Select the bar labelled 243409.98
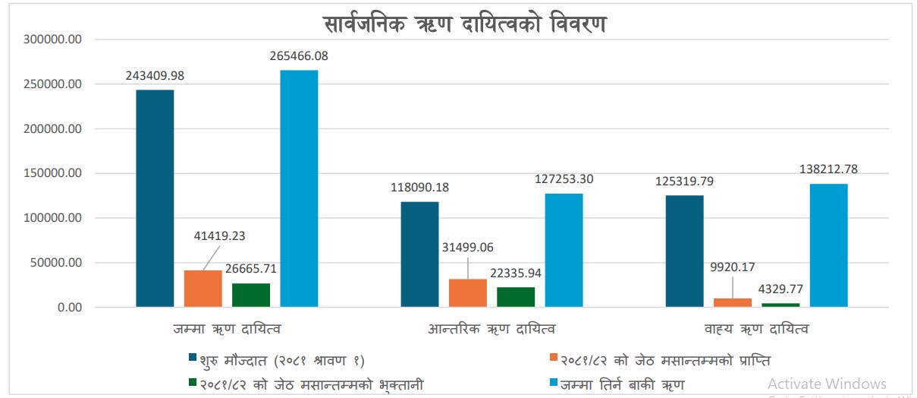tap(155, 198)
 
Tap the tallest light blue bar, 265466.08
tap(299, 188)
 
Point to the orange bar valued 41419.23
tap(203, 289)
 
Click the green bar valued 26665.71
tap(251, 295)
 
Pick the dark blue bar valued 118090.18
tap(419, 254)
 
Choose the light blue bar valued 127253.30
tap(564, 251)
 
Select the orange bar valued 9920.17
tap(733, 303)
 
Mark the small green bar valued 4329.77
tap(780, 305)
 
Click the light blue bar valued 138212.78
tap(828, 245)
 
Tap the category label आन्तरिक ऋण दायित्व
tap(491, 329)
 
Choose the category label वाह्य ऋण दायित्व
tap(756, 329)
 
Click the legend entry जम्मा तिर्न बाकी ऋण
tap(622, 384)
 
